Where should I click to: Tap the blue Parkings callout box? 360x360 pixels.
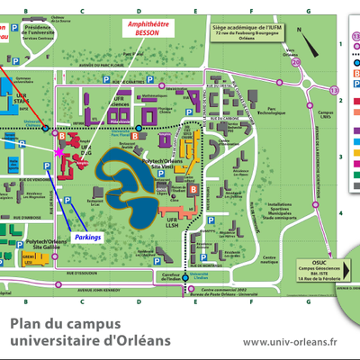click(88, 237)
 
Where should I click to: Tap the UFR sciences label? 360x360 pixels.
click(118, 101)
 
